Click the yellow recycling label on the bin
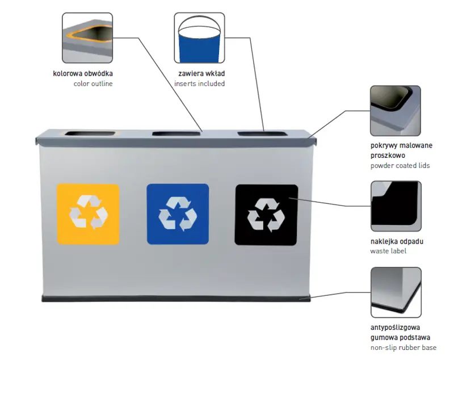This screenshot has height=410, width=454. [x=88, y=214]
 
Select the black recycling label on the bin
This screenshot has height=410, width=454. [x=266, y=215]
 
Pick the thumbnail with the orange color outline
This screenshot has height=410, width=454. [x=87, y=38]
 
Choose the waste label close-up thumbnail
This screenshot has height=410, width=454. [x=396, y=206]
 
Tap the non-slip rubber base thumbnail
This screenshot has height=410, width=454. [x=396, y=292]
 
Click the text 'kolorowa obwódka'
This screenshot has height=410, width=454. [x=87, y=73]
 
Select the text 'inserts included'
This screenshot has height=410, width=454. [x=199, y=83]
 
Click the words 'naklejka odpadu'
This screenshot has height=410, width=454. [x=397, y=241]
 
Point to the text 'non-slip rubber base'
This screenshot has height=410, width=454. [x=403, y=347]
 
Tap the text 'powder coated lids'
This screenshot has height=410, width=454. [x=400, y=165]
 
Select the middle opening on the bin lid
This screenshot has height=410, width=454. [x=176, y=134]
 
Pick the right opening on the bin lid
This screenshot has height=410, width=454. [x=263, y=134]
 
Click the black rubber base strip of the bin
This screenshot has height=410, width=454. [x=176, y=298]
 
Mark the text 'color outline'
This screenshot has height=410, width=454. [x=93, y=83]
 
